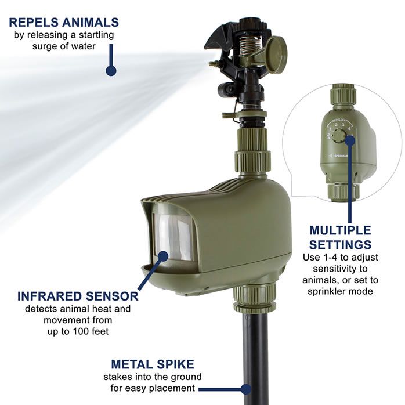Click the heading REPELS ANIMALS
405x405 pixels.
coord(64,23)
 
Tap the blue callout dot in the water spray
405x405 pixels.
coord(111,71)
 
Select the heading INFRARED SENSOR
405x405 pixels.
coord(78,296)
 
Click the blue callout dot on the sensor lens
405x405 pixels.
coord(163,256)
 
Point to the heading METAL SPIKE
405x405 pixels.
coord(153,364)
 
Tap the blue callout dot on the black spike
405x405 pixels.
coord(245,389)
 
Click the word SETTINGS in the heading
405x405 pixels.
coord(340,245)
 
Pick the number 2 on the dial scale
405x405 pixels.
coord(336,125)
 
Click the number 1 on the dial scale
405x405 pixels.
coord(330,129)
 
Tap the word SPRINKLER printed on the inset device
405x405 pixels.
coord(341,156)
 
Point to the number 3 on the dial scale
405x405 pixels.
coord(343,125)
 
